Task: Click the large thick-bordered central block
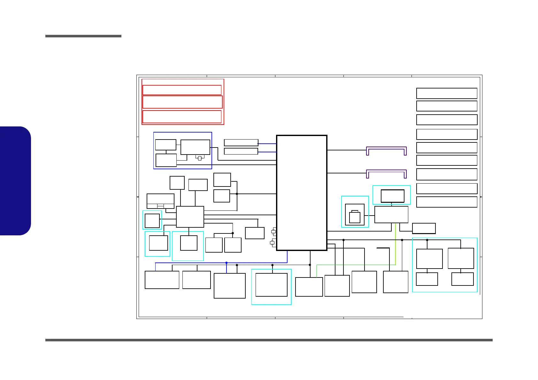click(302, 193)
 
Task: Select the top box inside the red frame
click(182, 90)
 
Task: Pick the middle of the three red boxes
click(182, 102)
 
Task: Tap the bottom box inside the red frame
click(182, 117)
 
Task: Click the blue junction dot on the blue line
click(227, 263)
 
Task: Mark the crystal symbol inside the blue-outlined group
click(200, 158)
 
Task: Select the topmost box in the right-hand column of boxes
click(447, 93)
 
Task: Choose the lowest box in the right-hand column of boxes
click(447, 202)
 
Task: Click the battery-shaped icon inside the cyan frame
click(355, 217)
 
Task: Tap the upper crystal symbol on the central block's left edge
click(273, 232)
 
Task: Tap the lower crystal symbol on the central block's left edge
click(272, 243)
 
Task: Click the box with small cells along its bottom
click(160, 201)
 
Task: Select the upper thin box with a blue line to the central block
click(241, 142)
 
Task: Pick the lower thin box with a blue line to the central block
click(241, 151)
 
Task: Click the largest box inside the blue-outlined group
click(195, 147)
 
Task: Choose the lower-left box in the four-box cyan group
click(427, 279)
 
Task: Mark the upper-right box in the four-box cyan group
click(461, 258)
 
